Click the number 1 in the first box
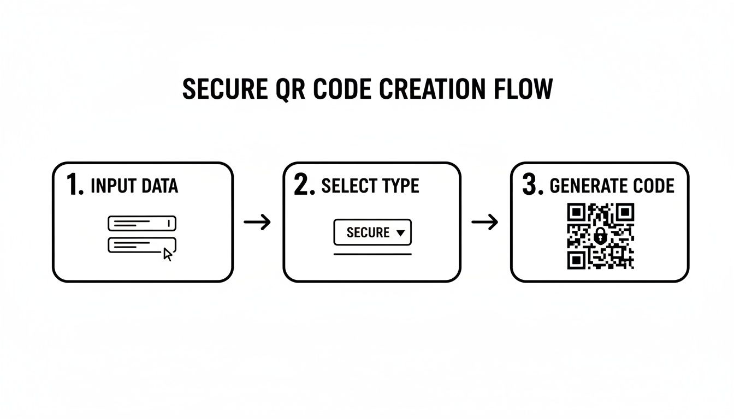click(73, 185)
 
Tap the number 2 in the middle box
click(303, 185)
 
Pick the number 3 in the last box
click(531, 185)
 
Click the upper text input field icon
click(142, 223)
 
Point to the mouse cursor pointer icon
click(168, 254)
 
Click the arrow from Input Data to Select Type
click(257, 222)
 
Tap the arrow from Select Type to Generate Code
click(484, 222)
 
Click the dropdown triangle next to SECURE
click(400, 233)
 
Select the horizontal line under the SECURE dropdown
click(372, 254)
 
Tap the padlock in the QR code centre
click(600, 236)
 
